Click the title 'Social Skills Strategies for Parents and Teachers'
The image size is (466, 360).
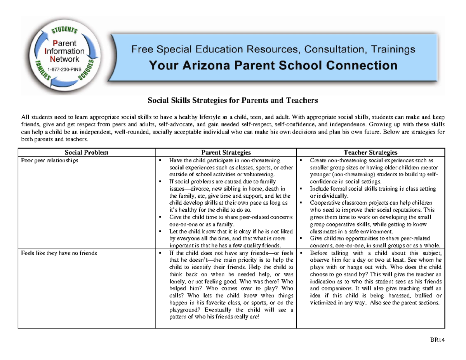click(233, 101)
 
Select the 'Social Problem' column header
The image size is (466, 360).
click(86, 152)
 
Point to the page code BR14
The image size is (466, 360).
click(439, 341)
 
